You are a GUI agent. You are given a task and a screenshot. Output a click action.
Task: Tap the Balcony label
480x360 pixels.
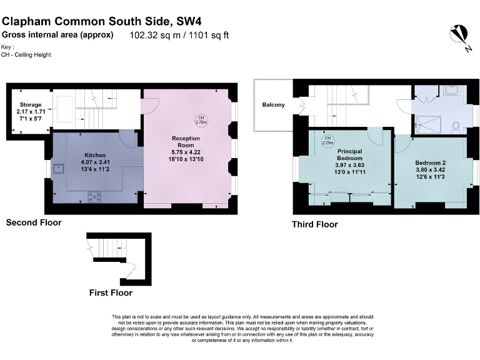[273, 104]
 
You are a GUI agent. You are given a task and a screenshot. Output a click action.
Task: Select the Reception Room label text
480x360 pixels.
[186, 141]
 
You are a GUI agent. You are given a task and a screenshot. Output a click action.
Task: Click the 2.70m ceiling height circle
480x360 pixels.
[201, 120]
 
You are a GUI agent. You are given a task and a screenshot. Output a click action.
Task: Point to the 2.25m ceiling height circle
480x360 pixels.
[327, 139]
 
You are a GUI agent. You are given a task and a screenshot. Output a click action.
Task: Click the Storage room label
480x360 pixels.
[29, 105]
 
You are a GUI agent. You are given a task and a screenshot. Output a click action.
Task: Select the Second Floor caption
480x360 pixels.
[34, 222]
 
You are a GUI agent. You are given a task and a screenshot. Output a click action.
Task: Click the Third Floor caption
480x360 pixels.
[314, 224]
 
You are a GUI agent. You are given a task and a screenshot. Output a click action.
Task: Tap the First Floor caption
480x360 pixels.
[111, 292]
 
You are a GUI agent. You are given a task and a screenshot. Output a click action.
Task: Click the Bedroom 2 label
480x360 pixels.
[430, 163]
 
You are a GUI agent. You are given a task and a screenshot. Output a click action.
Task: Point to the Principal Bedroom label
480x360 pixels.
[350, 154]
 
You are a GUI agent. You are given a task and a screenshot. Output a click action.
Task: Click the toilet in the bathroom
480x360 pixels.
[455, 126]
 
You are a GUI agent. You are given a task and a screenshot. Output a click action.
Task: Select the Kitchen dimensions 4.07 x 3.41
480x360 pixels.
[95, 161]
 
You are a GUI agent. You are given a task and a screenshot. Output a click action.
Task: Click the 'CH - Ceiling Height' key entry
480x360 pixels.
[26, 55]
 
